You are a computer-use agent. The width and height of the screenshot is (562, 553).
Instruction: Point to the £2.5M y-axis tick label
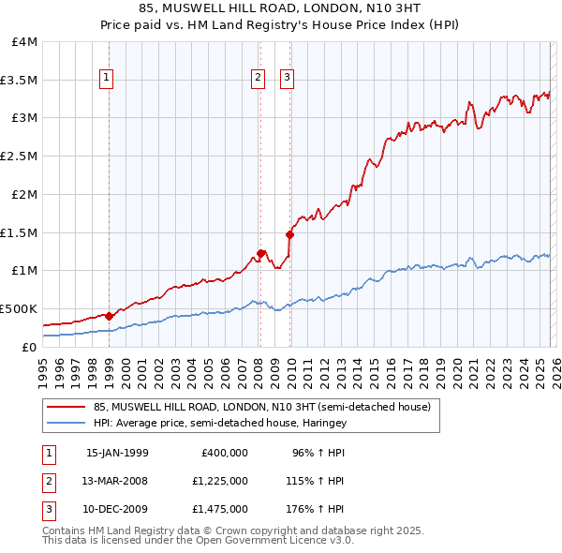click(20, 156)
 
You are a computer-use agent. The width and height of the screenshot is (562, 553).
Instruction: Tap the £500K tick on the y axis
click(19, 307)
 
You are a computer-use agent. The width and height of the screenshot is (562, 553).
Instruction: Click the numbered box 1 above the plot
click(109, 79)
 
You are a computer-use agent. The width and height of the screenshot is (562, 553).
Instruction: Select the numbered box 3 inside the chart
click(288, 79)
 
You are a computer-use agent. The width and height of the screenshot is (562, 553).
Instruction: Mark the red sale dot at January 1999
click(109, 316)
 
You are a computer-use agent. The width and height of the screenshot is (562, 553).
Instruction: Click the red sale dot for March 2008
click(260, 253)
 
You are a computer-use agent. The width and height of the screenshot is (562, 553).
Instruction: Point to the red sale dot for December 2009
click(289, 234)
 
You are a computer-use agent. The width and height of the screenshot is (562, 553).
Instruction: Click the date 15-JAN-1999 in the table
click(117, 453)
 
